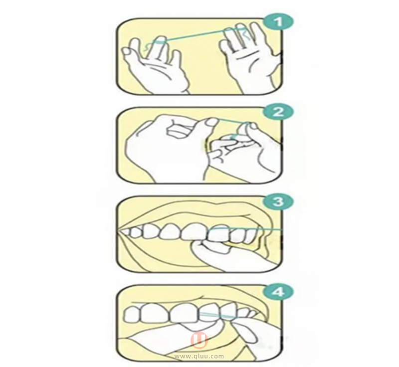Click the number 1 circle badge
click(x=279, y=21)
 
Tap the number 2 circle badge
click(x=278, y=112)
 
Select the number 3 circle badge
click(x=278, y=201)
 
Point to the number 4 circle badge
click(x=278, y=291)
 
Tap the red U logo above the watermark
click(x=199, y=340)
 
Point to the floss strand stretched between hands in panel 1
click(x=194, y=35)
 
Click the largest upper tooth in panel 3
click(x=194, y=231)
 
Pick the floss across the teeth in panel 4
click(x=217, y=315)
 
